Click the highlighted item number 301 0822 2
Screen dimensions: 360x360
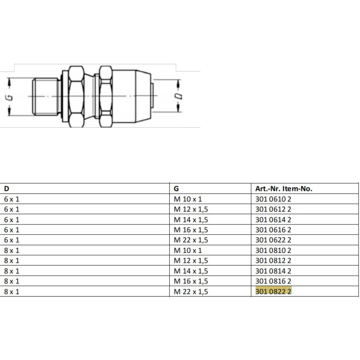[x=273, y=291]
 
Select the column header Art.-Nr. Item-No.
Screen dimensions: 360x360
[x=283, y=189]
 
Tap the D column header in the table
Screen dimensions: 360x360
[x=6, y=189]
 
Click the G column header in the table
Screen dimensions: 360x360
[x=176, y=189]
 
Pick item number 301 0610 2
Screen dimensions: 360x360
[x=273, y=199]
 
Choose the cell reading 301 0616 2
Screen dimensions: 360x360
[x=273, y=230]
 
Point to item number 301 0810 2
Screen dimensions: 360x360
[x=273, y=250]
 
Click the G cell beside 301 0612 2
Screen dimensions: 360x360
[x=191, y=209]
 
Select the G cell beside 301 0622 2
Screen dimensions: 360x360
[x=191, y=240]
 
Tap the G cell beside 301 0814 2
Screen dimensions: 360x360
[x=191, y=271]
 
